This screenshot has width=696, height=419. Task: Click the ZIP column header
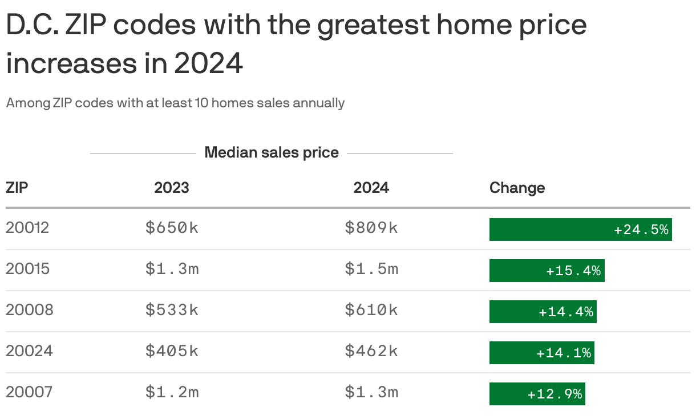(x=17, y=188)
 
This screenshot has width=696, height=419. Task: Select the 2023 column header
(x=171, y=188)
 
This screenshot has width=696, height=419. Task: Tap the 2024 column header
(x=371, y=188)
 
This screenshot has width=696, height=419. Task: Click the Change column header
(x=517, y=188)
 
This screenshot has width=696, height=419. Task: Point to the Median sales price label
(x=272, y=153)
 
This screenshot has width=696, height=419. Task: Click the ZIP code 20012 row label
(x=27, y=228)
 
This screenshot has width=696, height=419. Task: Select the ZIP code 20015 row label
(x=27, y=269)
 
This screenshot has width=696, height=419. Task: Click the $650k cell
(x=172, y=228)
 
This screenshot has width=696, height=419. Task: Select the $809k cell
(x=371, y=228)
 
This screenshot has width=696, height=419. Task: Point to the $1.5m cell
(x=371, y=269)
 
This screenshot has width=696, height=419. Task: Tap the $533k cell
(x=172, y=310)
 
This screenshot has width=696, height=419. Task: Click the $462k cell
(x=371, y=351)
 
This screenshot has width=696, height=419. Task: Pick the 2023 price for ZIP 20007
(x=172, y=392)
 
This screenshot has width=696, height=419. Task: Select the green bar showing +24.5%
(x=580, y=229)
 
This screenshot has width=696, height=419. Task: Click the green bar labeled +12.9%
(x=537, y=394)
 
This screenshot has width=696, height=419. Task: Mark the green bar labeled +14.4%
(x=543, y=312)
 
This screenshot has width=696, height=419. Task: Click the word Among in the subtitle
(x=28, y=103)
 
